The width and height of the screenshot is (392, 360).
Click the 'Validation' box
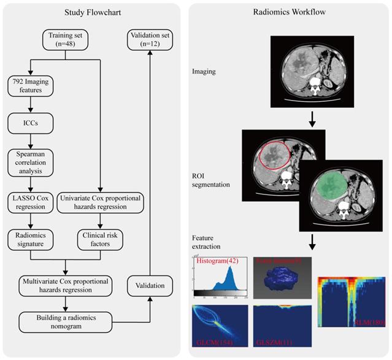point(150,285)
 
